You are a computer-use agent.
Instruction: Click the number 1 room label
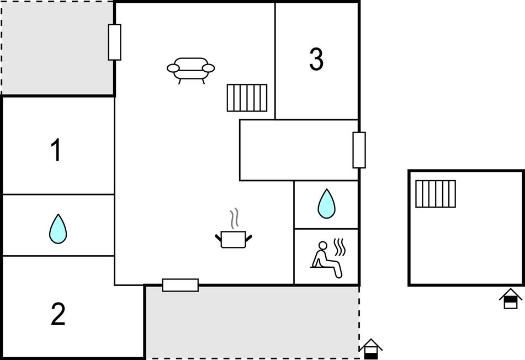[56, 150]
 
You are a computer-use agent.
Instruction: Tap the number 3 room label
[316, 59]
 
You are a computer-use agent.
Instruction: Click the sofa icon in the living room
[191, 70]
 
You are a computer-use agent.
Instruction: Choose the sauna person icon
[326, 260]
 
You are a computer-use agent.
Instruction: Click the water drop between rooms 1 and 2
[58, 229]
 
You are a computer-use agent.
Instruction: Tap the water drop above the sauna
[326, 204]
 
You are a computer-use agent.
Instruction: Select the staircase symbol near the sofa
[247, 98]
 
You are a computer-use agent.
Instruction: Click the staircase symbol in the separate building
[436, 194]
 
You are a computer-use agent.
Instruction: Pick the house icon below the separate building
[511, 298]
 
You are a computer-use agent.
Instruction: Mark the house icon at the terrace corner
[371, 349]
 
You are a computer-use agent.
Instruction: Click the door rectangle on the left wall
[114, 42]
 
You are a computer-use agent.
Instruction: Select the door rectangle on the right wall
[359, 150]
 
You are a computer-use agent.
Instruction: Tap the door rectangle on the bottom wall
[181, 285]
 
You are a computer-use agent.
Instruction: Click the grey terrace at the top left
[57, 48]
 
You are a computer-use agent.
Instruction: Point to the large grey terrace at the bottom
[253, 322]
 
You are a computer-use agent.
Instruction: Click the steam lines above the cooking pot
[235, 218]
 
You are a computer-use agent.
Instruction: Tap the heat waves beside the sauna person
[340, 247]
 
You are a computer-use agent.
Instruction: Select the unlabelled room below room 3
[299, 150]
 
